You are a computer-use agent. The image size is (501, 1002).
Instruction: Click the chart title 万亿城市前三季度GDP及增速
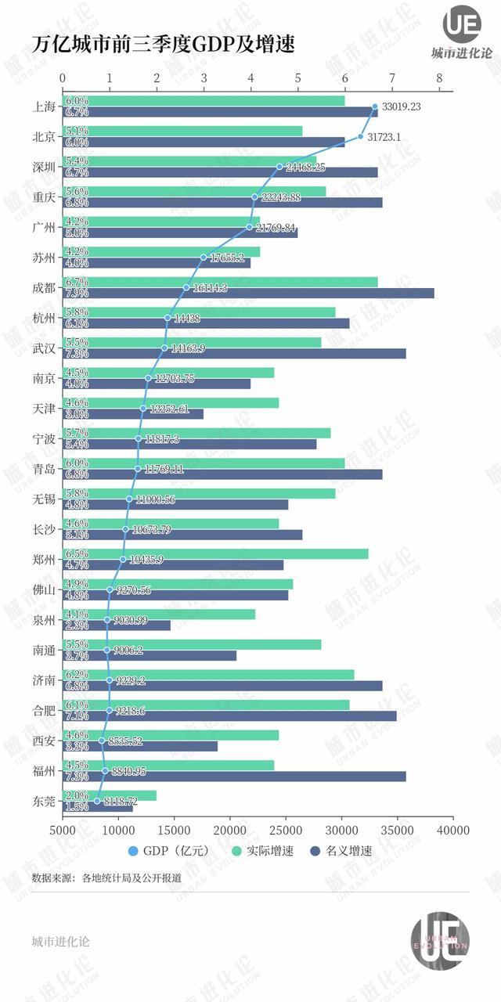click(x=164, y=45)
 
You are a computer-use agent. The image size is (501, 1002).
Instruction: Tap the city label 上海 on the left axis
click(x=44, y=107)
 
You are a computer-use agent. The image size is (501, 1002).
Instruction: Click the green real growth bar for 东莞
click(x=110, y=795)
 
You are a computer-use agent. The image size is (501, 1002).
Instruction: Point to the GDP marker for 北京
click(x=361, y=136)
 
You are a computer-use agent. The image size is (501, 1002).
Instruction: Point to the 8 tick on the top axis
click(x=440, y=78)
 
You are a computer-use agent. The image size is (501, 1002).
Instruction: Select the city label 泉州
click(x=44, y=620)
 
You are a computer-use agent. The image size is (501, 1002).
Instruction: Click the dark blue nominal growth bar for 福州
click(x=235, y=776)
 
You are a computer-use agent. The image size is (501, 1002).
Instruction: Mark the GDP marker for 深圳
click(x=279, y=167)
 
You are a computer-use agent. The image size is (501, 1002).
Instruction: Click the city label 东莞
click(x=44, y=801)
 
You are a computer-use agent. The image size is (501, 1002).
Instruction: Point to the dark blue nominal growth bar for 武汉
click(x=235, y=353)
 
